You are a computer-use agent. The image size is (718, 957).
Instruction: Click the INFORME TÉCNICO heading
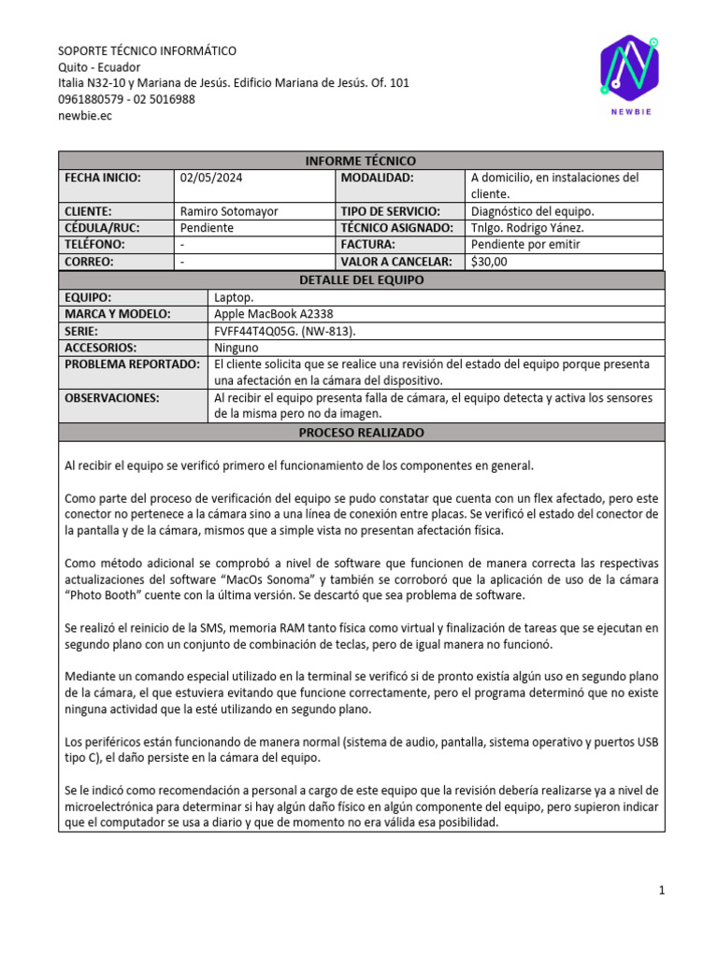click(x=360, y=161)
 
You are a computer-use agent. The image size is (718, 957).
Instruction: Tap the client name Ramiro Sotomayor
click(x=228, y=211)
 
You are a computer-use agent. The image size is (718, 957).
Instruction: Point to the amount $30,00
click(x=489, y=262)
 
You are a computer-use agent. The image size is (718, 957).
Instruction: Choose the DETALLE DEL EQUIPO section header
click(x=360, y=279)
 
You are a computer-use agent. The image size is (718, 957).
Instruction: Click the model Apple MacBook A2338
click(x=273, y=314)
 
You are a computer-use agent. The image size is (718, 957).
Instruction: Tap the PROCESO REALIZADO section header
click(x=360, y=433)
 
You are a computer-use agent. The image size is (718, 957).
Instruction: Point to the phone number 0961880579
click(x=89, y=99)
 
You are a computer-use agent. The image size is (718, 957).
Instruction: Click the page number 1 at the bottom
click(x=661, y=891)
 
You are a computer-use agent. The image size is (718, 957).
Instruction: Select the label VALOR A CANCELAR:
click(x=395, y=262)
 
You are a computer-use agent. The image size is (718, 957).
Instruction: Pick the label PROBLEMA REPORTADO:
click(x=132, y=364)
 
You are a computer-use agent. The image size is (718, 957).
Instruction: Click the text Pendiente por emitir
click(x=525, y=245)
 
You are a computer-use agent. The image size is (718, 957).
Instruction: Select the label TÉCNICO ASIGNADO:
click(x=396, y=228)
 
